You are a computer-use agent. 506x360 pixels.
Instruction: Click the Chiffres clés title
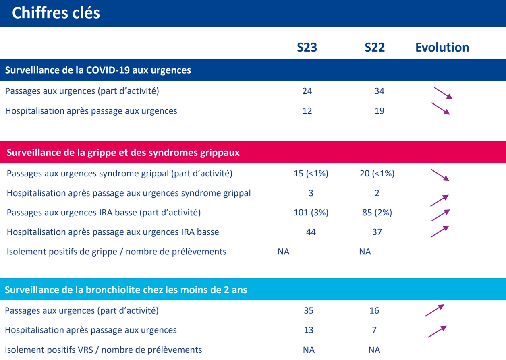(x=56, y=13)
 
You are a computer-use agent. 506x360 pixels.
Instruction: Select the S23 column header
(x=307, y=48)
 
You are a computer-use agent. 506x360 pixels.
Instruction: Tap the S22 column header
(x=375, y=48)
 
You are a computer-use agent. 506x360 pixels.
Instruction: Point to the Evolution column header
(x=442, y=48)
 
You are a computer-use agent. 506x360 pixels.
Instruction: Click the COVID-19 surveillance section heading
(x=98, y=70)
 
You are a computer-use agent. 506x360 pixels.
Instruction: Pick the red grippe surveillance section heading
(x=123, y=153)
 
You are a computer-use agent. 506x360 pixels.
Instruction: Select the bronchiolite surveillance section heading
(x=126, y=290)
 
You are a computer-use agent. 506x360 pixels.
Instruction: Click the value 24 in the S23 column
(x=307, y=91)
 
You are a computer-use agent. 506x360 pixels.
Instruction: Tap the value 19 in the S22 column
(x=379, y=111)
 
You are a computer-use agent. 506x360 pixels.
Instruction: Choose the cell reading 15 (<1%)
(x=311, y=174)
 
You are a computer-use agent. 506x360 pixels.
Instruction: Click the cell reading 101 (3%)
(x=311, y=213)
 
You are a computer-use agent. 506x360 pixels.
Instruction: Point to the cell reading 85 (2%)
(x=377, y=213)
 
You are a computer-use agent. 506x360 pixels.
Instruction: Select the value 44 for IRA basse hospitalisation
(x=311, y=232)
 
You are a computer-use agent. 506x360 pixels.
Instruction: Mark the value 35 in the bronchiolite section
(x=309, y=311)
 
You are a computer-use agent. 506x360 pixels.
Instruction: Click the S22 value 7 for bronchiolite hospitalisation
(x=374, y=330)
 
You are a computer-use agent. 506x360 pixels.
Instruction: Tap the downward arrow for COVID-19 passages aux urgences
(x=443, y=93)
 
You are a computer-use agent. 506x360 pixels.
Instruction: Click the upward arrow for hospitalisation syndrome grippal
(x=440, y=200)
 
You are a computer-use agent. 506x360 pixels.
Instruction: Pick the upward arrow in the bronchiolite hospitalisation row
(x=437, y=331)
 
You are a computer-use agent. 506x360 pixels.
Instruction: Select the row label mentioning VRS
(x=104, y=350)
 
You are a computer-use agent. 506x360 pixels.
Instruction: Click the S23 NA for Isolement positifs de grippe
(x=284, y=252)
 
